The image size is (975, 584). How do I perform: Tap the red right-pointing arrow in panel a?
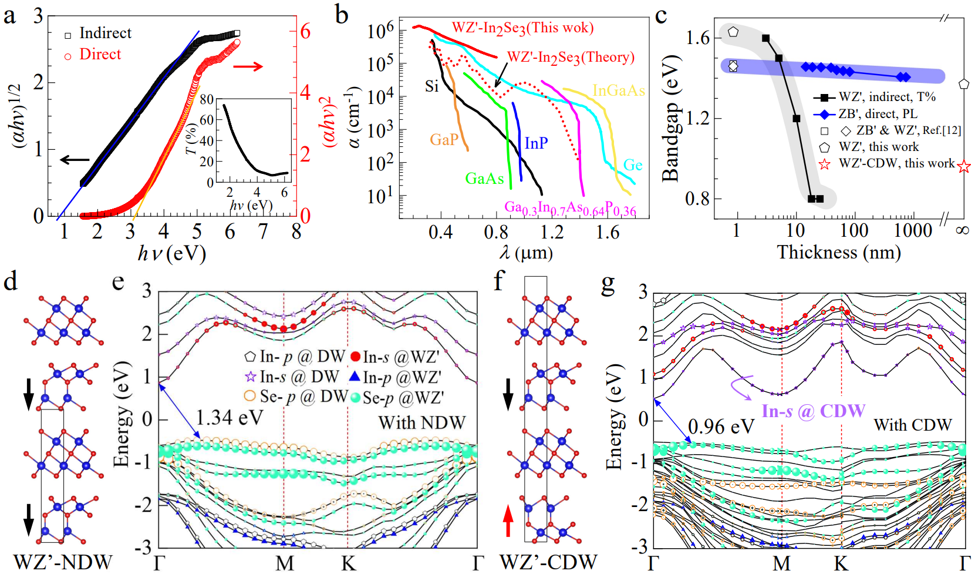point(248,66)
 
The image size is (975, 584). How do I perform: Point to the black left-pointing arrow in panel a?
point(75,159)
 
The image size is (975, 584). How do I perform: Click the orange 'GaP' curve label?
point(444,140)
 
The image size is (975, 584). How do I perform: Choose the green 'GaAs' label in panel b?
point(484,179)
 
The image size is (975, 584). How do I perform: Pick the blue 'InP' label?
point(536,143)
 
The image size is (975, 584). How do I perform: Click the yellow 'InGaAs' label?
point(619,90)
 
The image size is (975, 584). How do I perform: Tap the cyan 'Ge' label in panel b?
point(633,165)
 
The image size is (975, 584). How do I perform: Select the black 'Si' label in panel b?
point(432,87)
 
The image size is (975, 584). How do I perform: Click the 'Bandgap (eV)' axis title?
point(670,118)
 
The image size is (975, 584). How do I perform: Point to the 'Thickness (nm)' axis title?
point(839,253)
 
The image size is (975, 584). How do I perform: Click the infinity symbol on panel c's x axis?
point(962,230)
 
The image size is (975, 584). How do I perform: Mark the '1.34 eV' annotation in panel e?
point(230,418)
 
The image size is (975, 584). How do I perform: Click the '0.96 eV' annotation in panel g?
point(721,427)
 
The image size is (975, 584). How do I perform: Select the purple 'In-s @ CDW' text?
point(813,411)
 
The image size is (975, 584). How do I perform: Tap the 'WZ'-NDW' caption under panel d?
point(62,562)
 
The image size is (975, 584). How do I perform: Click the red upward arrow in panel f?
point(508,521)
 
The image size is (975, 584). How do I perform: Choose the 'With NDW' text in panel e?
point(421,422)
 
